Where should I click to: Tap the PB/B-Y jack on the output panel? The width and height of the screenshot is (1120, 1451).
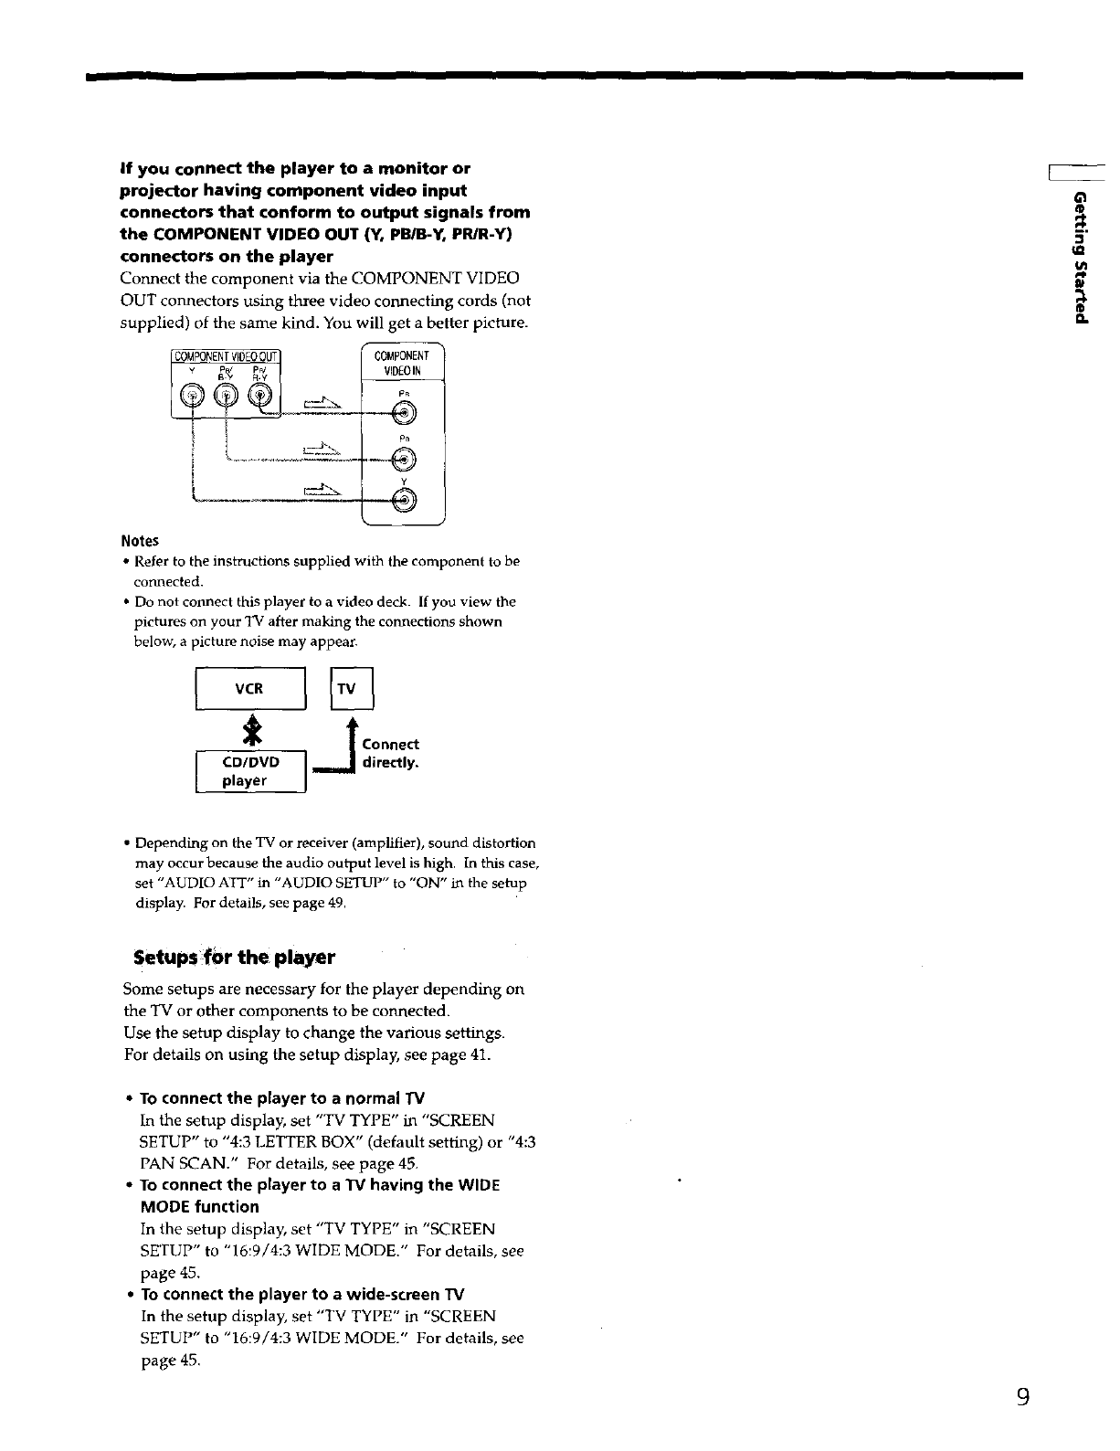(227, 395)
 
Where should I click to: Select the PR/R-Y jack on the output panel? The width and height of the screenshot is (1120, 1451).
(260, 395)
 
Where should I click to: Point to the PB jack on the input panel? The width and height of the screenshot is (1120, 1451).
(403, 460)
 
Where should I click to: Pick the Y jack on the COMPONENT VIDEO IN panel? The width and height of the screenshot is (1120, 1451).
(403, 499)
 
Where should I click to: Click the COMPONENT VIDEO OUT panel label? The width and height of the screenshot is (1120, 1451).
(226, 356)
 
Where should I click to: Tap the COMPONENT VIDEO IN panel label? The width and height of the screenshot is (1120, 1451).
(402, 363)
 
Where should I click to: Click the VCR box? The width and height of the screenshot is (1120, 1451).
(250, 688)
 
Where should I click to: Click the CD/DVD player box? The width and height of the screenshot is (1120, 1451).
(250, 771)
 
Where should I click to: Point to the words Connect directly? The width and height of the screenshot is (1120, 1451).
(391, 753)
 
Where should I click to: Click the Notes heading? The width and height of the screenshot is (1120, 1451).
(140, 541)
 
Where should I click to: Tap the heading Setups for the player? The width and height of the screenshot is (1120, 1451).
(234, 958)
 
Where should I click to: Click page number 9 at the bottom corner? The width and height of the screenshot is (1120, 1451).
(1023, 1397)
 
